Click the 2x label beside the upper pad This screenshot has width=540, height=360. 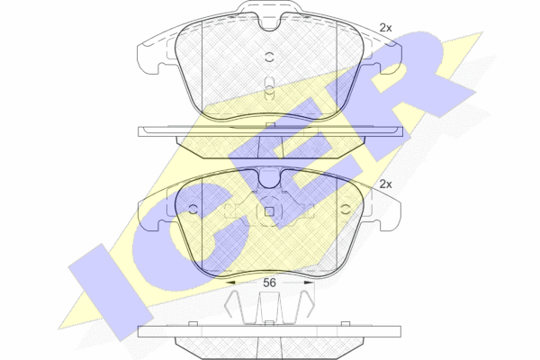(385, 28)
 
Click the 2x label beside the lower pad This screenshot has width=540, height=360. (385, 184)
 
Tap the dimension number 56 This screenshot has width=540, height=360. (269, 283)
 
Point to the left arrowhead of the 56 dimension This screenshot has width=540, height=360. (230, 283)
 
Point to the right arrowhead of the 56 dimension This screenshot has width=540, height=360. (309, 283)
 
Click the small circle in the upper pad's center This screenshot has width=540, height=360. (269, 58)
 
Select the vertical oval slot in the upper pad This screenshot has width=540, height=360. (270, 88)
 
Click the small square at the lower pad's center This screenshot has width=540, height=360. (269, 211)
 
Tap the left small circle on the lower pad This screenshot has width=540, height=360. (193, 209)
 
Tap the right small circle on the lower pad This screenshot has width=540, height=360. (346, 209)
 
